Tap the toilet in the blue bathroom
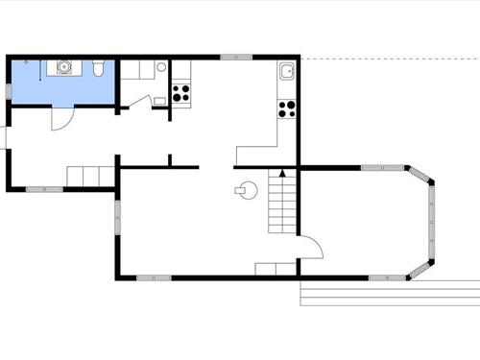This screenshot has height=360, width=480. click(99, 66)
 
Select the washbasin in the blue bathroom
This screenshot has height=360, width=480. click(65, 66)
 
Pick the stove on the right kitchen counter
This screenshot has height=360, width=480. click(286, 108)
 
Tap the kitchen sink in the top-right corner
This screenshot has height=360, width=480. click(287, 72)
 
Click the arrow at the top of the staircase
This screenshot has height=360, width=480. click(282, 173)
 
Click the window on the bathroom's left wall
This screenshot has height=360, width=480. click(10, 77)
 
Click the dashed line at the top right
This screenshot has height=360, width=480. click(394, 59)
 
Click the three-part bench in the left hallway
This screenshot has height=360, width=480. click(90, 176)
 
